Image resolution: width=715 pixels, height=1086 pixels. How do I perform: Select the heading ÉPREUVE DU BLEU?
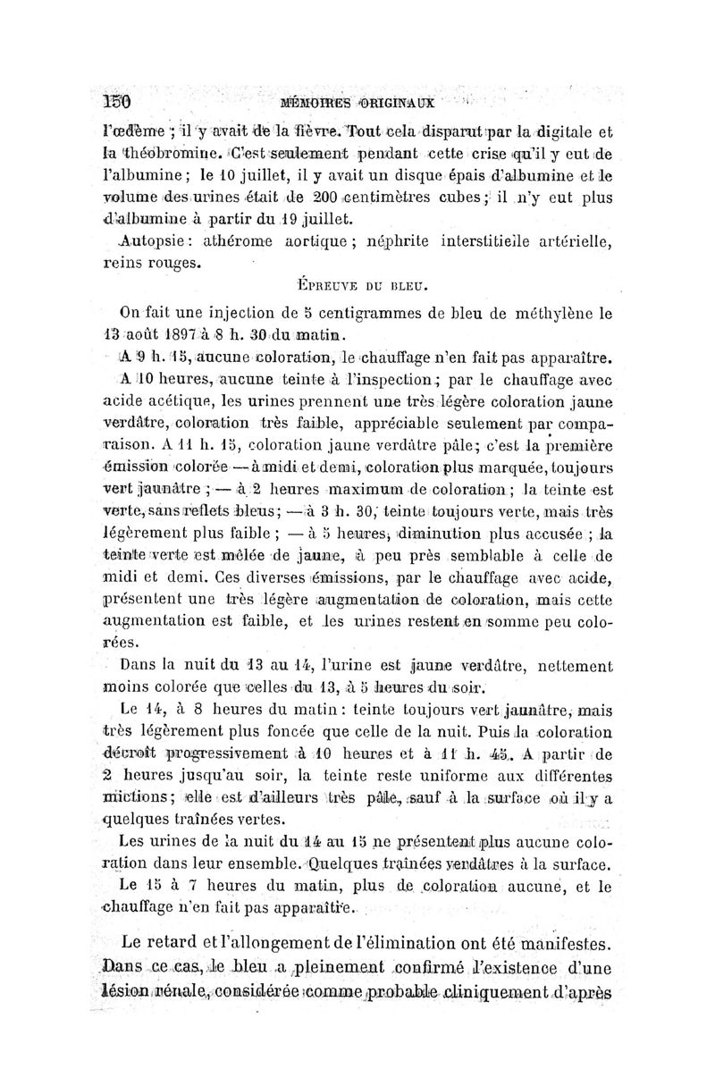point(362,286)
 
